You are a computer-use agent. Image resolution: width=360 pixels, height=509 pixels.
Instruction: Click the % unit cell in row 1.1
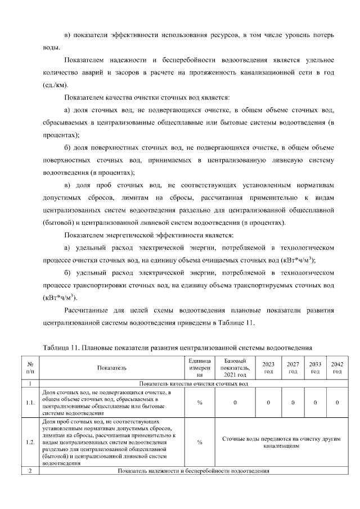point(200,403)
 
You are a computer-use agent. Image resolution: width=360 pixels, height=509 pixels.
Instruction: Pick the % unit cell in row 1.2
point(200,442)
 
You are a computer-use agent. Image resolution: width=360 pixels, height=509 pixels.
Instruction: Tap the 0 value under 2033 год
point(315,403)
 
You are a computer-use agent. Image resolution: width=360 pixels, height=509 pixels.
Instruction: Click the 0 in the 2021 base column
point(235,403)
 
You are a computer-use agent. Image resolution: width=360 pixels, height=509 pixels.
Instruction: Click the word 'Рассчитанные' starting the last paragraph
point(90,310)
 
